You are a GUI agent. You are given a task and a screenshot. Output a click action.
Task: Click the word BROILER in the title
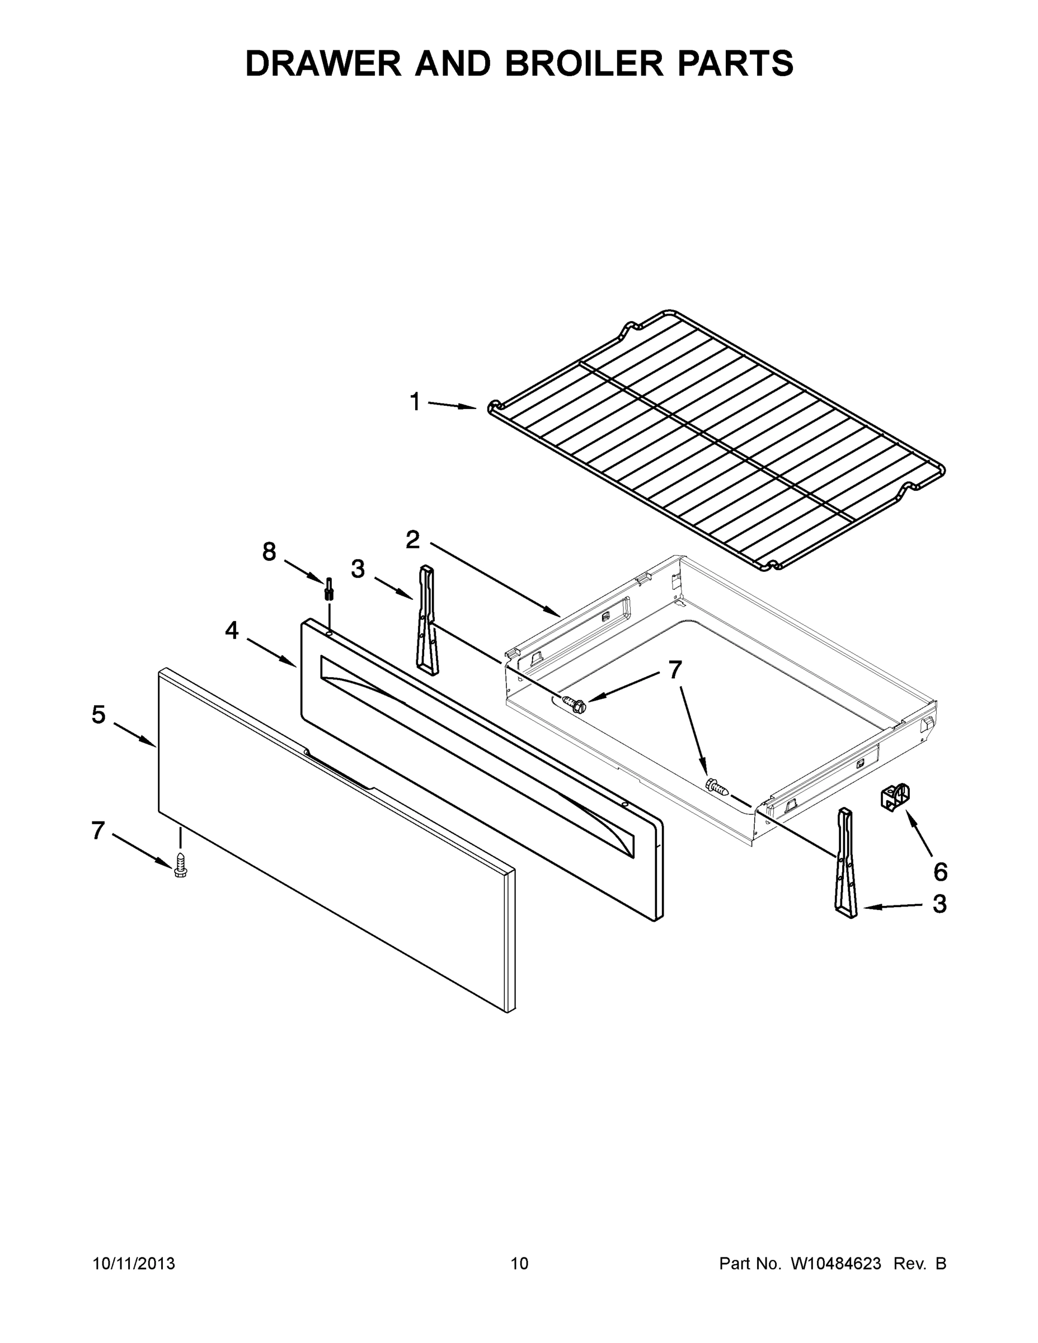tap(584, 63)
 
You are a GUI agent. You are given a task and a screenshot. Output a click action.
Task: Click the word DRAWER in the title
tap(323, 63)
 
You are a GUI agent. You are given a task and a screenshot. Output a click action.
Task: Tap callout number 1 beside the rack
tap(415, 402)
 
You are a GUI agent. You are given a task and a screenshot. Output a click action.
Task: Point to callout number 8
tap(269, 552)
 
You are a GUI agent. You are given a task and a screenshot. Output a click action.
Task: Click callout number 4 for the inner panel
tap(232, 630)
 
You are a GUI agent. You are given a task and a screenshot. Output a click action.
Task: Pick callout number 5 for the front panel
tap(98, 715)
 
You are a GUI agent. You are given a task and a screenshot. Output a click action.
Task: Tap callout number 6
tap(940, 871)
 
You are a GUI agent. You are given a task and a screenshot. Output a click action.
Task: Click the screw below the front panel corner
tap(180, 865)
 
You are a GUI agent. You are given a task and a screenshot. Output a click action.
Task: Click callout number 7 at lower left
tap(98, 830)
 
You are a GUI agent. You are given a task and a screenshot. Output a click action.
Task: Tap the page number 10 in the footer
tap(519, 1263)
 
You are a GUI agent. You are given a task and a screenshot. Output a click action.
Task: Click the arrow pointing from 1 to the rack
tap(452, 405)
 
